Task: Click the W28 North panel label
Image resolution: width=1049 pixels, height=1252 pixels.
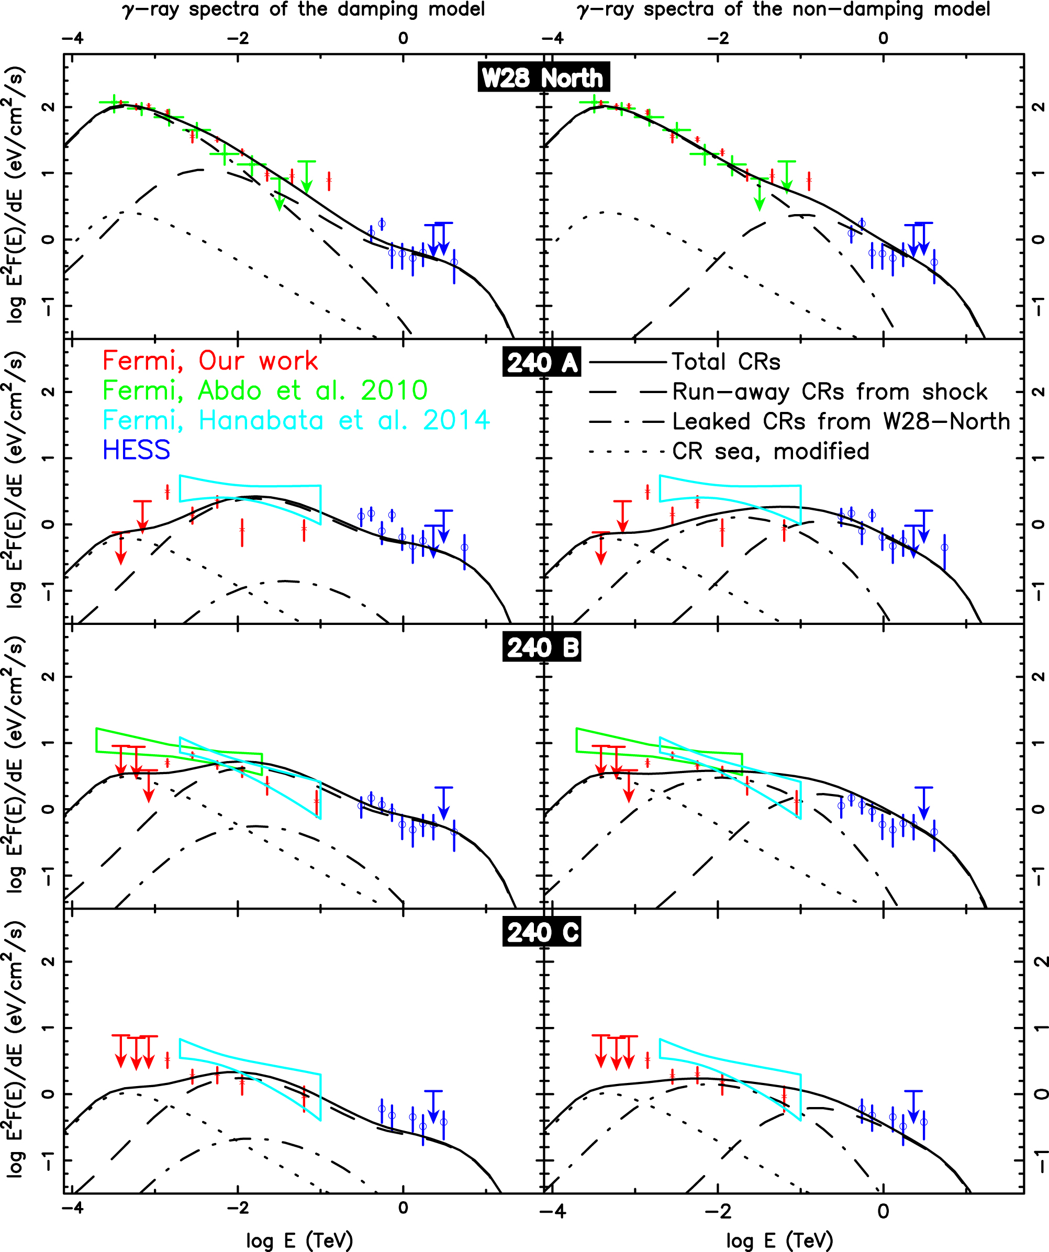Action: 543,77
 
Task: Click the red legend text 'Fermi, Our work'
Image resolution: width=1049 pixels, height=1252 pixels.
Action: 210,361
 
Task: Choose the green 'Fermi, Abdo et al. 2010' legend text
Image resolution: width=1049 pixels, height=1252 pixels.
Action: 265,391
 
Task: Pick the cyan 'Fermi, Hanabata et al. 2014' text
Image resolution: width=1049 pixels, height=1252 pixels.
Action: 296,421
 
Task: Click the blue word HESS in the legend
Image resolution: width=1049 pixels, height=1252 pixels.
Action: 137,451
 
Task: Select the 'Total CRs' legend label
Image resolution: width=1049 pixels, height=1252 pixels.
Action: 726,362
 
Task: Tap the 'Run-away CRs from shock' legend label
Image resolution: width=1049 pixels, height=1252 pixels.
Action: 830,392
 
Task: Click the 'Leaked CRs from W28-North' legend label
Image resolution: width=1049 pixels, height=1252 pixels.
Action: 841,421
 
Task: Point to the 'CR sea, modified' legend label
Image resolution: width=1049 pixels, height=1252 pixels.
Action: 771,451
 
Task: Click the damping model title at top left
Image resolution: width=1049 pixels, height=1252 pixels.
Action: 304,9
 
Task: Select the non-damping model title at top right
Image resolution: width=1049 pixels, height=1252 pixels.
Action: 784,9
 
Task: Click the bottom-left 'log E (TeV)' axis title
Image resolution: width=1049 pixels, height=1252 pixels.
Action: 299,1240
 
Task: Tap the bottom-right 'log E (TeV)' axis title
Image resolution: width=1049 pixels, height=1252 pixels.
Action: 779,1240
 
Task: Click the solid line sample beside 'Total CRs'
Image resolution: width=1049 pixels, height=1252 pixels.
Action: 628,362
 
